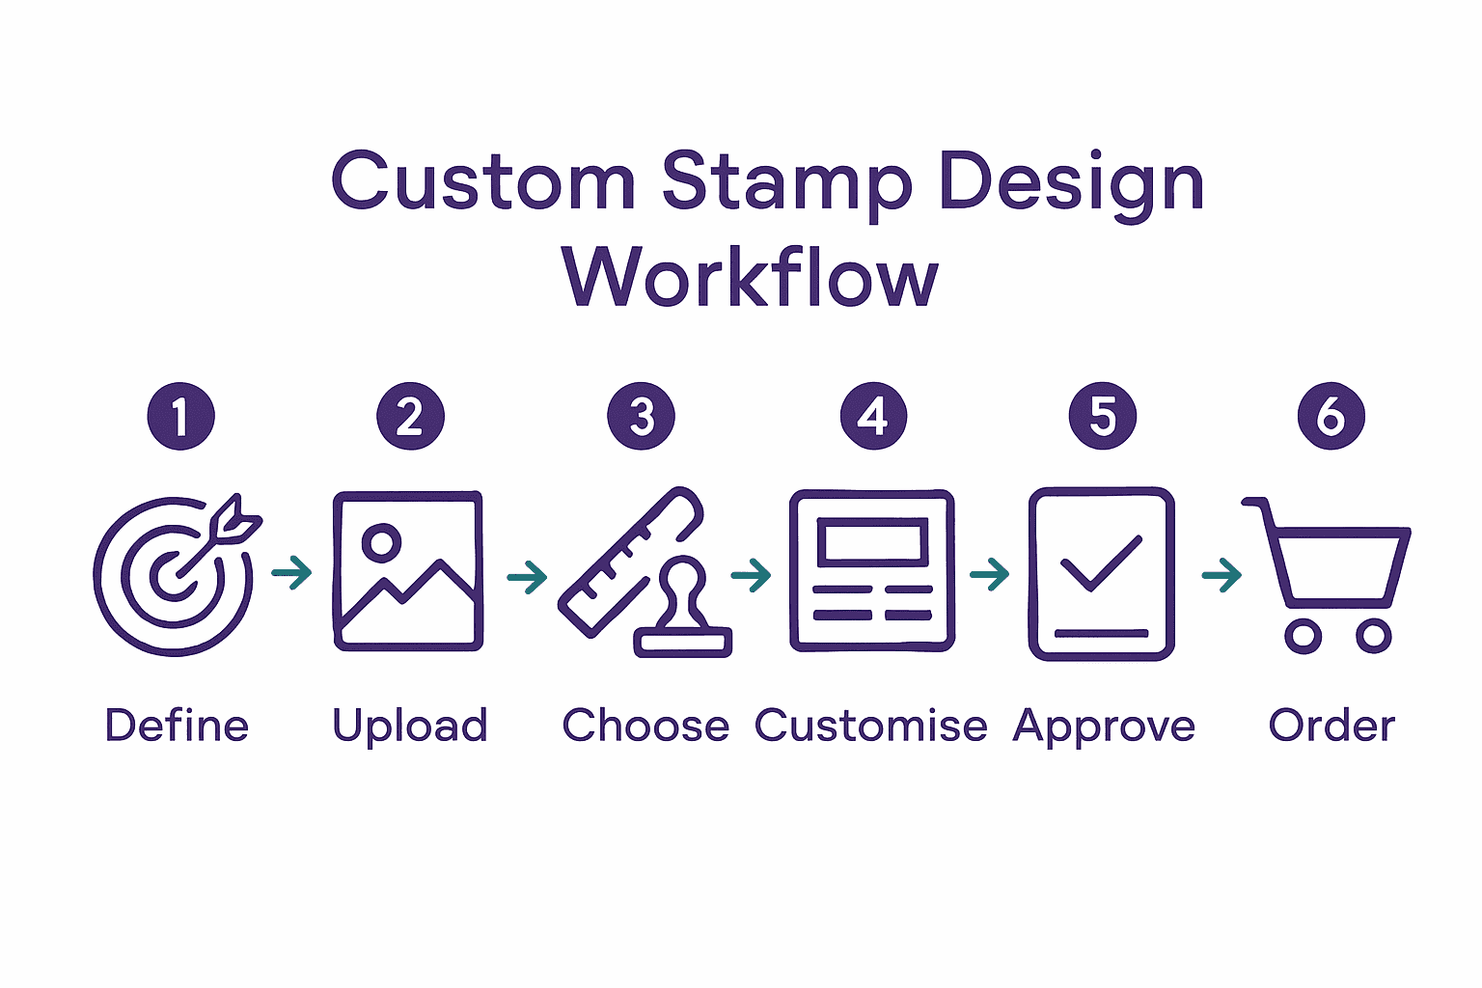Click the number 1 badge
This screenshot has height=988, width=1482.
180,417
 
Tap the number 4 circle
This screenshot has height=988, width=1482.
873,417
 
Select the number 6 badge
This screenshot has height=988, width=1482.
1331,417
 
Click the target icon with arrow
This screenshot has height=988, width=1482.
175,575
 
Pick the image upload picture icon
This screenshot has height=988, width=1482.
407,571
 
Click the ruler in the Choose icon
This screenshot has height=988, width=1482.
628,562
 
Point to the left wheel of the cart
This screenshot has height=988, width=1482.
1303,637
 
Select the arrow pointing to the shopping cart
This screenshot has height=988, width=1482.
1221,575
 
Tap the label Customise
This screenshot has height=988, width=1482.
870,726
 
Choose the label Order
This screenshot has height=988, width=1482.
1331,726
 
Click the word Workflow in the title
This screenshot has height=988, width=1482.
750,278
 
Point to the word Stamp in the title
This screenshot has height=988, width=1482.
786,183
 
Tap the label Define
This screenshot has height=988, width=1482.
177,726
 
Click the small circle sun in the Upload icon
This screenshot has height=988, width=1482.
381,542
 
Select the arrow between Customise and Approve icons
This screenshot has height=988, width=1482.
990,575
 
